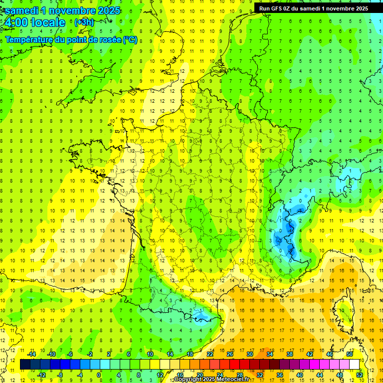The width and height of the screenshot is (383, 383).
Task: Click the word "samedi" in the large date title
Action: coord(24,10)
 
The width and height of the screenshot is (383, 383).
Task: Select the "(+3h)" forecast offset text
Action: coord(83,22)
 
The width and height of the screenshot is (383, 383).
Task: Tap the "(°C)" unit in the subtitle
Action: coord(130,39)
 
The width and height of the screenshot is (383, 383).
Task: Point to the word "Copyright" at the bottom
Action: coord(190,380)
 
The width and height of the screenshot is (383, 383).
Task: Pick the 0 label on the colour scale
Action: coord(98,375)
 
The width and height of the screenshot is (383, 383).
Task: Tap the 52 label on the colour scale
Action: coord(360,375)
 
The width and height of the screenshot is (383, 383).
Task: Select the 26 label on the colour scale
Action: coord(230,354)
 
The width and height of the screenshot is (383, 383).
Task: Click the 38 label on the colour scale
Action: coord(289,354)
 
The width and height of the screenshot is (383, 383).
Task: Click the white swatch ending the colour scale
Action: coord(355,364)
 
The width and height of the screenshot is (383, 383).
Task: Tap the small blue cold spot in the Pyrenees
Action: coord(202,315)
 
